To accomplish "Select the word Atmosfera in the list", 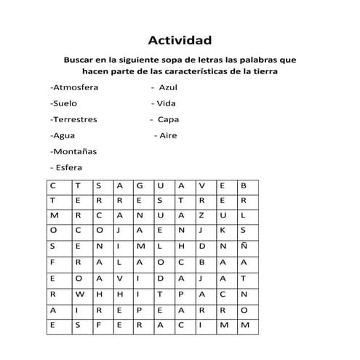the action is tap(75, 87).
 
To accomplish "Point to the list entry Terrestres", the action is tap(74, 119).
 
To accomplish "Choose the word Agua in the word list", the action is tap(63, 135).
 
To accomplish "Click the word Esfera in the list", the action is tap(66, 167).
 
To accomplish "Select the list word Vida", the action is tap(166, 103).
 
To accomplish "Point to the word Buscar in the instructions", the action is tap(79, 59).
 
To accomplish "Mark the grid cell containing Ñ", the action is tap(243, 246).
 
